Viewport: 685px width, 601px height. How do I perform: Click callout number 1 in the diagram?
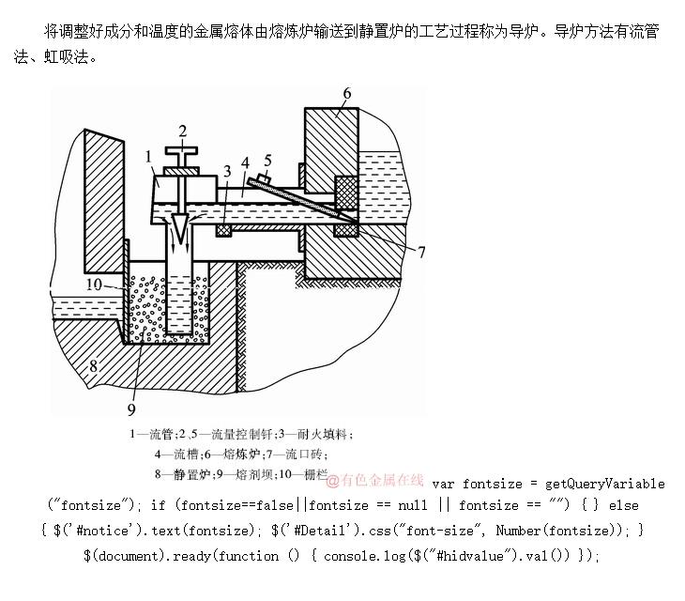pos(148,157)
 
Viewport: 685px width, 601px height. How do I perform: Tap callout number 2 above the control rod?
pos(182,131)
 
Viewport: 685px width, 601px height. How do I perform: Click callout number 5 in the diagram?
pos(267,160)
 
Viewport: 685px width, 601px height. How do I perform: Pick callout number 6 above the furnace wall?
pos(346,93)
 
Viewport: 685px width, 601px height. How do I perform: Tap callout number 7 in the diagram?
pos(421,252)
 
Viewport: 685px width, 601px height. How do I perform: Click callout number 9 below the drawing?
pos(131,409)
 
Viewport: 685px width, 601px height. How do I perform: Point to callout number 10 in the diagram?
pos(94,283)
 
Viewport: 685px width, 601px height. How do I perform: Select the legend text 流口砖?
pos(320,454)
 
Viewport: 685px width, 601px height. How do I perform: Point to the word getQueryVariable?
pos(605,484)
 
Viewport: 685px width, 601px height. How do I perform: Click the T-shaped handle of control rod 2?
pos(182,150)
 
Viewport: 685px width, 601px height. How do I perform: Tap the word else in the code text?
pos(623,506)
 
